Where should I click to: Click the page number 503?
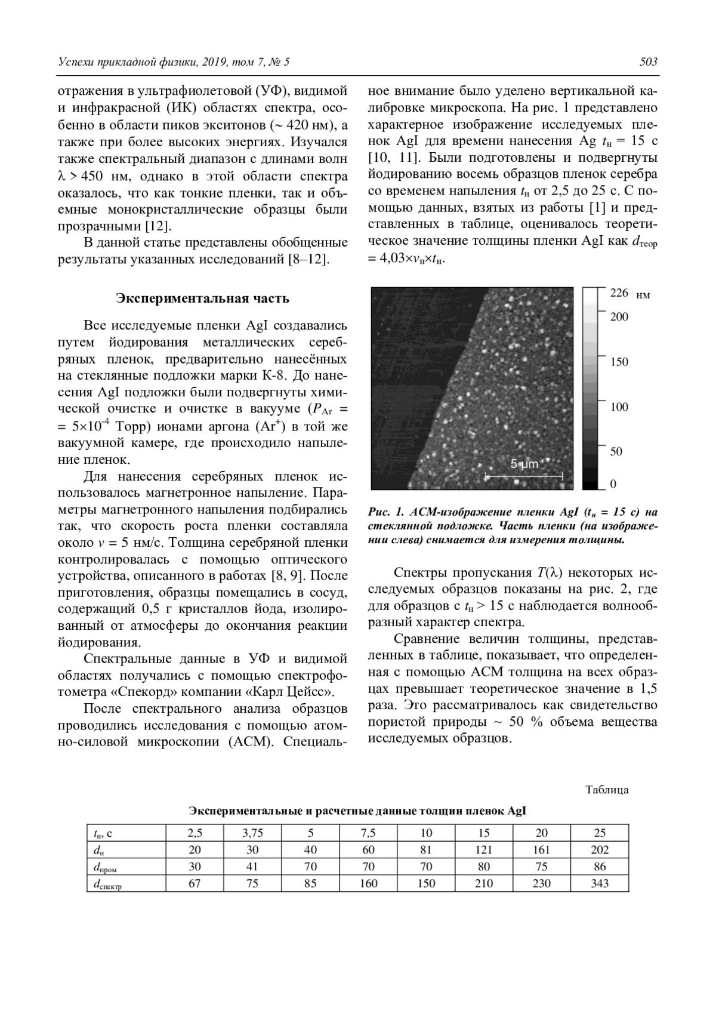pyautogui.click(x=648, y=62)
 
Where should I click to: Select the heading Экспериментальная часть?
pyautogui.click(x=202, y=298)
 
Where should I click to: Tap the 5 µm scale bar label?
pyautogui.click(x=524, y=464)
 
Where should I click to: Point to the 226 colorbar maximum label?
pyautogui.click(x=619, y=292)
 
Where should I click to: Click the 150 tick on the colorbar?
pyautogui.click(x=619, y=362)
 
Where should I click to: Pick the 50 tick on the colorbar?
pyautogui.click(x=616, y=451)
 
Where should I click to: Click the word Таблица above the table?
pyautogui.click(x=607, y=790)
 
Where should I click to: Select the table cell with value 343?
pyautogui.click(x=600, y=883)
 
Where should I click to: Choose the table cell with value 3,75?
pyautogui.click(x=252, y=833)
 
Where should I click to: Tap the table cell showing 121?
pyautogui.click(x=484, y=849)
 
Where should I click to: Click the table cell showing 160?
pyautogui.click(x=368, y=883)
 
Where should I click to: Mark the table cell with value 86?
pyautogui.click(x=600, y=866)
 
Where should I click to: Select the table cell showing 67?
pyautogui.click(x=195, y=883)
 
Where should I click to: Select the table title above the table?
pyautogui.click(x=357, y=811)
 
